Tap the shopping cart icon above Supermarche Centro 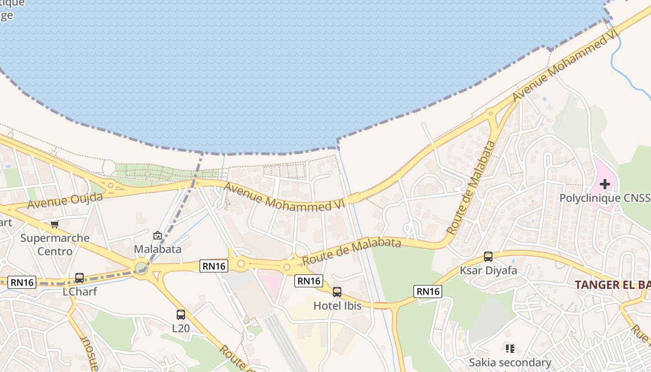pyautogui.click(x=55, y=225)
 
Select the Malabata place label pyautogui.click(x=157, y=249)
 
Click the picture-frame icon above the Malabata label pyautogui.click(x=157, y=235)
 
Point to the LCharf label pyautogui.click(x=80, y=292)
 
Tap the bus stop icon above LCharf pyautogui.click(x=80, y=278)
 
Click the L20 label pyautogui.click(x=180, y=328)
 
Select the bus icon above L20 pyautogui.click(x=180, y=315)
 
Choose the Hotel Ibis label pyautogui.click(x=337, y=306)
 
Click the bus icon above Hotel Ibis pyautogui.click(x=337, y=292)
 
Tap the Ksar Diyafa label pyautogui.click(x=488, y=270)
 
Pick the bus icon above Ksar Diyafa pyautogui.click(x=488, y=257)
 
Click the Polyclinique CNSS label pyautogui.click(x=604, y=198)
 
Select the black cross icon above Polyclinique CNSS pyautogui.click(x=604, y=184)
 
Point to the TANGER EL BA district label pyautogui.click(x=612, y=285)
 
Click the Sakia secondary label pyautogui.click(x=510, y=362)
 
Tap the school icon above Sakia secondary pyautogui.click(x=510, y=348)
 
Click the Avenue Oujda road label pyautogui.click(x=65, y=201)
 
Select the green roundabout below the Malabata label pyautogui.click(x=141, y=267)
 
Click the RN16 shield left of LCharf pyautogui.click(x=22, y=282)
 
